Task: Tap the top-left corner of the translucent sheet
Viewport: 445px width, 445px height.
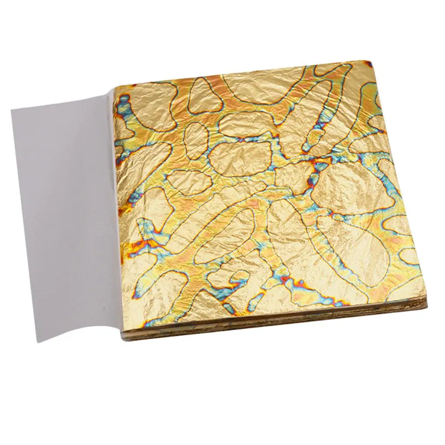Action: click(x=12, y=110)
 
